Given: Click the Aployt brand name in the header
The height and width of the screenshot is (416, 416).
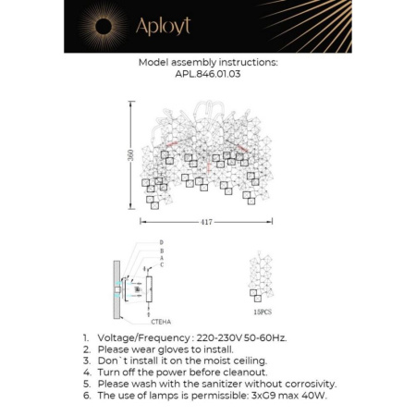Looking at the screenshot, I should click(x=163, y=28).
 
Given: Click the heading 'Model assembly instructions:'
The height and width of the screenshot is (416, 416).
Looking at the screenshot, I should click(x=207, y=63).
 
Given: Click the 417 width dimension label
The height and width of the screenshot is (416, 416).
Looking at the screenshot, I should click(x=205, y=221).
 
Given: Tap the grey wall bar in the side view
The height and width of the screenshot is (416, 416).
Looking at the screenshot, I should click(x=117, y=288).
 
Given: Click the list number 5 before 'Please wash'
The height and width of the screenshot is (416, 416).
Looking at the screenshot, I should click(x=86, y=384).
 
